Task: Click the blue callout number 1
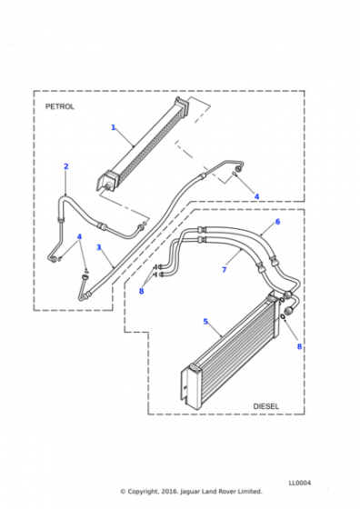[114, 127]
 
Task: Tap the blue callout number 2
[66, 166]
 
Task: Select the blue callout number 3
[99, 247]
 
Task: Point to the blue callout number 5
[205, 322]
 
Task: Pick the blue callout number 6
[277, 222]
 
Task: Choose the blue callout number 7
[224, 269]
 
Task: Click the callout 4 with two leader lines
[79, 236]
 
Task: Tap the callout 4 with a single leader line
[256, 196]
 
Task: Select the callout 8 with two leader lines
[141, 291]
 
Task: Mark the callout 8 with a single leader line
[299, 346]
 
